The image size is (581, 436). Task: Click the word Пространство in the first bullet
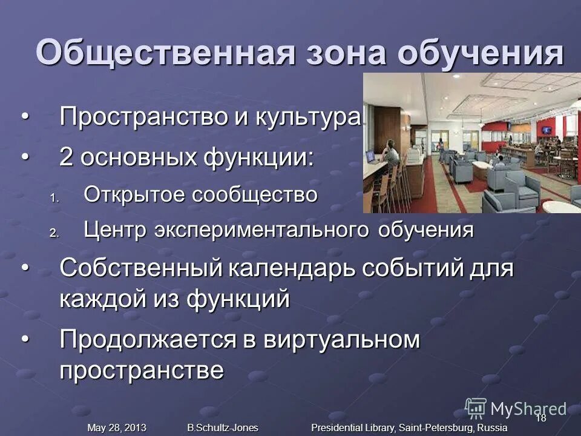click(143, 117)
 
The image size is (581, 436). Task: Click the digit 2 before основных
click(67, 159)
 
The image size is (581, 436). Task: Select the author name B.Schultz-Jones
click(223, 428)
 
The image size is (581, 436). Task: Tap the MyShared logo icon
click(475, 408)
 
